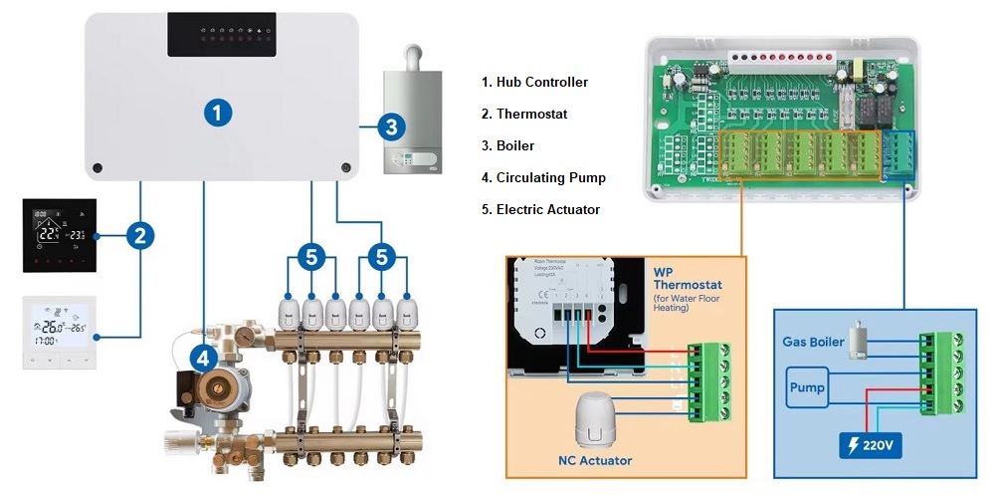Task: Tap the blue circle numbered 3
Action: [391, 126]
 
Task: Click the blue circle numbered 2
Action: [140, 236]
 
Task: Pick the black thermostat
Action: [59, 235]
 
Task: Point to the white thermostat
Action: [59, 332]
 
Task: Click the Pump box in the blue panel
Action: [806, 385]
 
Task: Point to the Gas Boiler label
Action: [813, 342]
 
